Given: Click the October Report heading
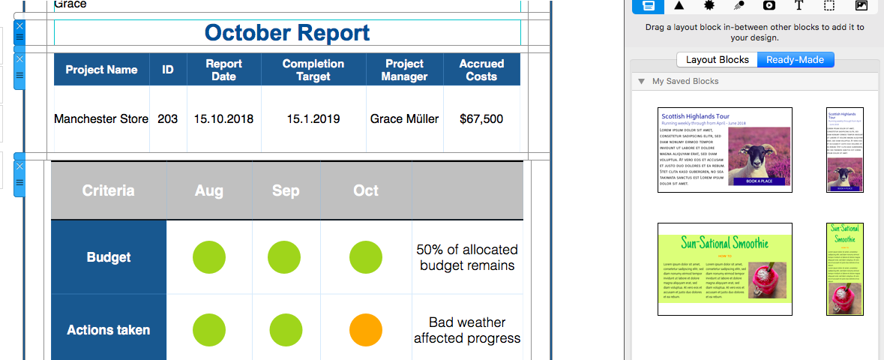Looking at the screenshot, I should pyautogui.click(x=287, y=33).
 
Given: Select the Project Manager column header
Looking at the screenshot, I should pyautogui.click(x=404, y=70).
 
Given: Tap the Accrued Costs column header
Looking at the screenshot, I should pyautogui.click(x=481, y=70).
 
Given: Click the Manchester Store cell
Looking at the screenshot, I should pyautogui.click(x=101, y=118).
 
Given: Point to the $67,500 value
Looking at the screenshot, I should pyautogui.click(x=481, y=118).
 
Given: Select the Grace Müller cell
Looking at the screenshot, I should pyautogui.click(x=404, y=118).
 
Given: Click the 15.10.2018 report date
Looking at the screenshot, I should pyautogui.click(x=223, y=118).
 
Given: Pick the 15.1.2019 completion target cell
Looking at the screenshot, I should pyautogui.click(x=313, y=118).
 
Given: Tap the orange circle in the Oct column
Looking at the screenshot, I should pyautogui.click(x=366, y=330).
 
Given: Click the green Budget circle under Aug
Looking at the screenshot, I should pyautogui.click(x=209, y=257).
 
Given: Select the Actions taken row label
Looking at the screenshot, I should pyautogui.click(x=109, y=330).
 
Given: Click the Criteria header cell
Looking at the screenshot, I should pyautogui.click(x=109, y=190).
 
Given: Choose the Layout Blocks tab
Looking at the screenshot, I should pyautogui.click(x=718, y=60).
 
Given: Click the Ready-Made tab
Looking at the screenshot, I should pyautogui.click(x=796, y=60).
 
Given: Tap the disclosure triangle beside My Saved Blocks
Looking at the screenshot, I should pyautogui.click(x=641, y=81).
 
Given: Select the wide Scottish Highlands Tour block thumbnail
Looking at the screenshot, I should pyautogui.click(x=725, y=150).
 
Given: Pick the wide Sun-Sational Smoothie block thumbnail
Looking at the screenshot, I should pyautogui.click(x=725, y=269).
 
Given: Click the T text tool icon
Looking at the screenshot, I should pyautogui.click(x=799, y=5).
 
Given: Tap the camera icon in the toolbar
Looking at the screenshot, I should pyautogui.click(x=769, y=5).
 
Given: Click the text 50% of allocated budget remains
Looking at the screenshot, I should pyautogui.click(x=467, y=257).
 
